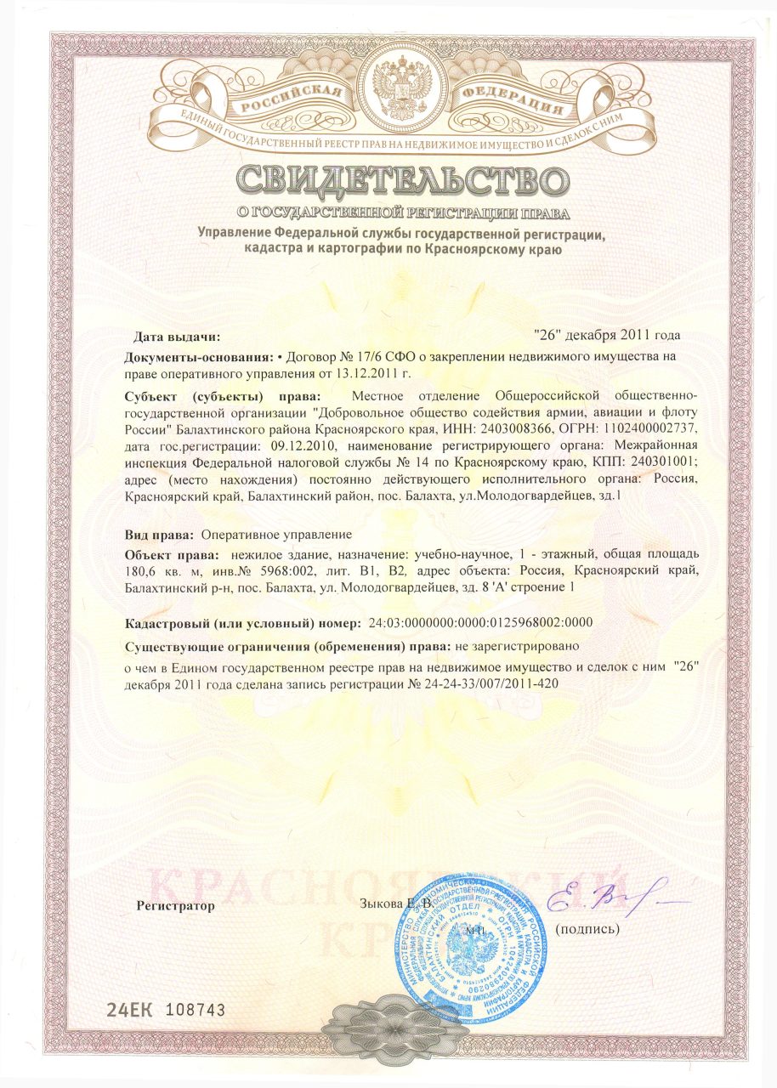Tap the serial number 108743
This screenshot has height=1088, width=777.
(x=196, y=1009)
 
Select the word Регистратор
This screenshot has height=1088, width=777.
(x=176, y=906)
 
